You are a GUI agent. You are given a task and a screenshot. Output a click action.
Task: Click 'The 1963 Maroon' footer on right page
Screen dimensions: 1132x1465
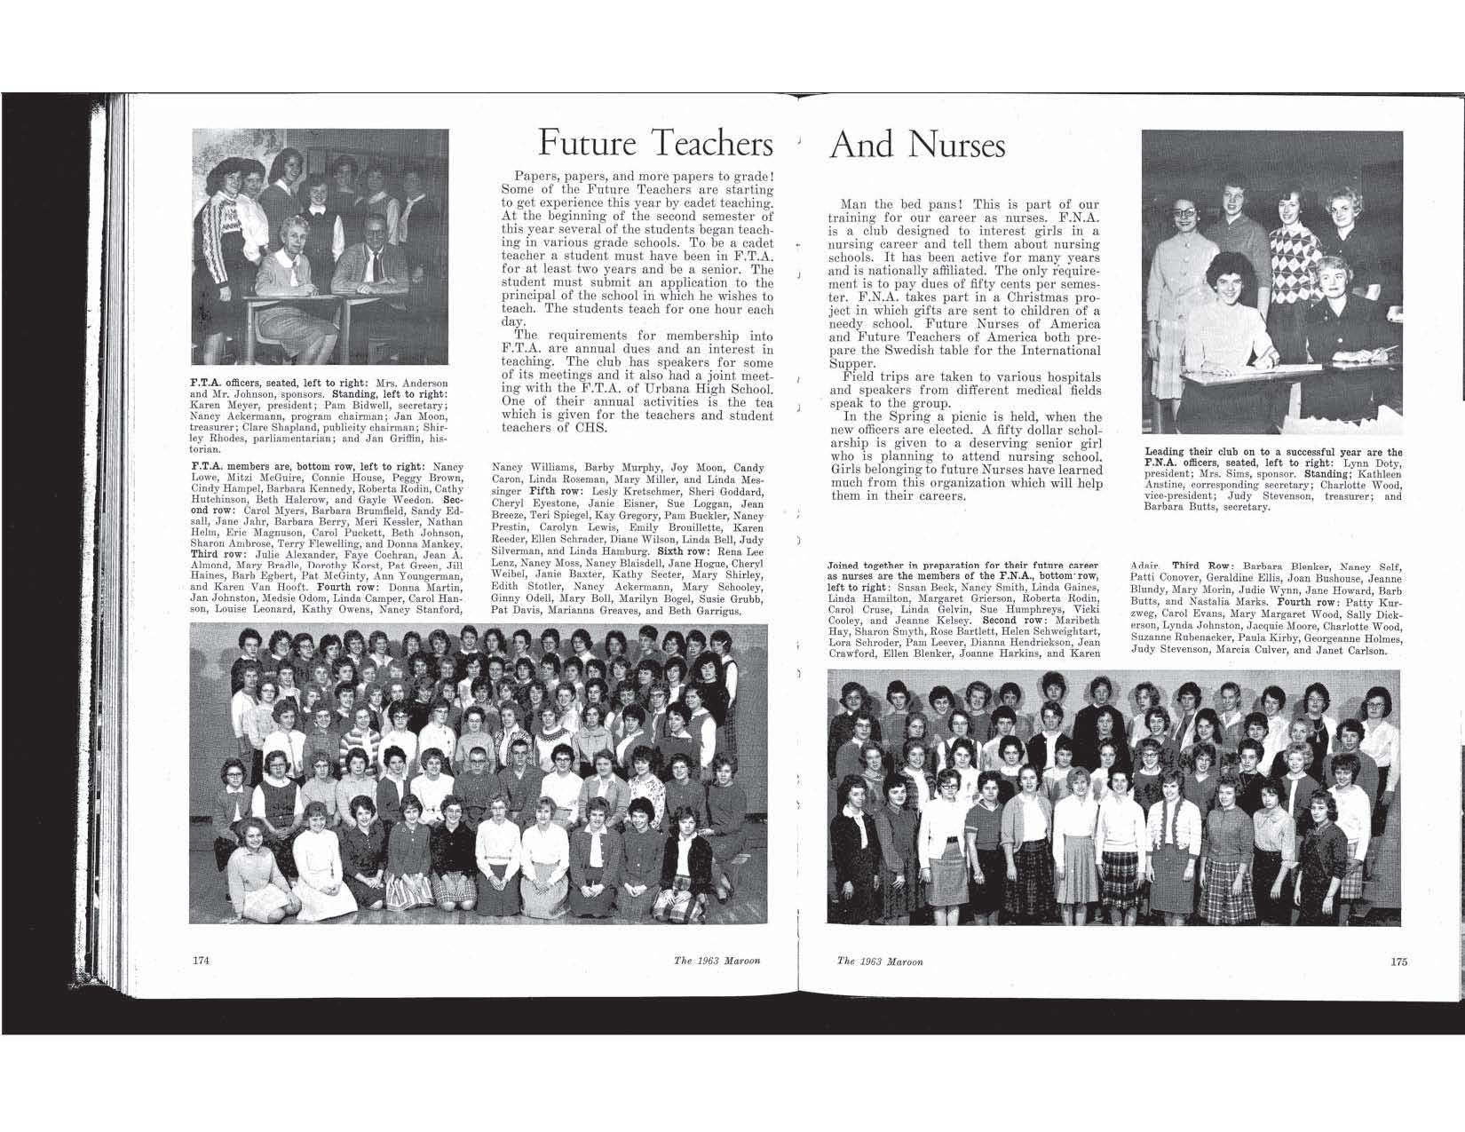[x=879, y=961]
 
